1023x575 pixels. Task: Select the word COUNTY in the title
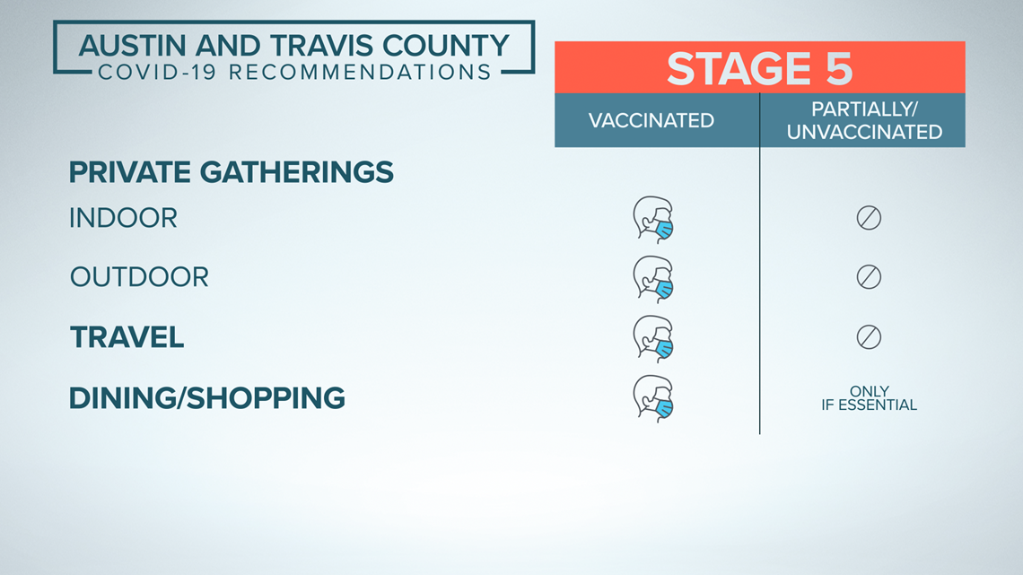[446, 47]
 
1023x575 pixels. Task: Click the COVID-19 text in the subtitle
[157, 72]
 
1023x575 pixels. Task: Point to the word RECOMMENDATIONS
[360, 72]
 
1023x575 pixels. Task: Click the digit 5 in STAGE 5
[838, 68]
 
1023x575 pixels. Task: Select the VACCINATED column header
[651, 120]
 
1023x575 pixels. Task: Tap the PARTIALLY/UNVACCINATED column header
[864, 120]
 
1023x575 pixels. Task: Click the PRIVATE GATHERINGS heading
[231, 172]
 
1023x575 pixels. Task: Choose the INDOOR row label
[123, 218]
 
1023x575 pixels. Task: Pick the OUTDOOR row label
[140, 277]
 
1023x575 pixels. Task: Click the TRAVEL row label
[127, 337]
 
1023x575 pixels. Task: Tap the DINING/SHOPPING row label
[206, 398]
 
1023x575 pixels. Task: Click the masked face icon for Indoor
[653, 220]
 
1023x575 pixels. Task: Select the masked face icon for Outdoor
[653, 280]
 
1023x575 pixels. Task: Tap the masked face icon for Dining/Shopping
[653, 399]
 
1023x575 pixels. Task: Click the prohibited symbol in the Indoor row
[869, 218]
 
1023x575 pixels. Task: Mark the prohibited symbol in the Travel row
[869, 337]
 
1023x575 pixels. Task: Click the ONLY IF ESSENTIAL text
[869, 398]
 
